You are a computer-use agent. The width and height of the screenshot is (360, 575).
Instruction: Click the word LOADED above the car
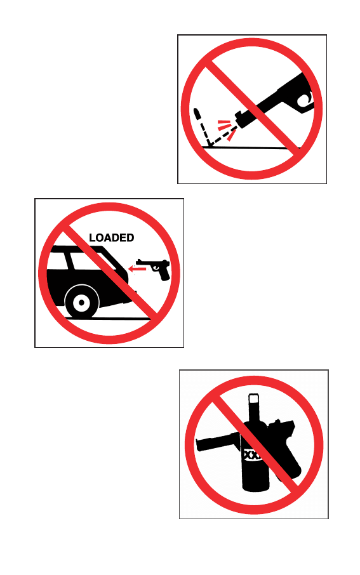click(x=112, y=237)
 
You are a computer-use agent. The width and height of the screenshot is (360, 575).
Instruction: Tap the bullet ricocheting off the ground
click(x=197, y=114)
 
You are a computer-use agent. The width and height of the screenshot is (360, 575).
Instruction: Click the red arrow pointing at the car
click(x=137, y=269)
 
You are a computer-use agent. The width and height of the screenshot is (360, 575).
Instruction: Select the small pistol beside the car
click(x=154, y=268)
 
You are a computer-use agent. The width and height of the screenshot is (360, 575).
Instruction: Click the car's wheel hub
click(x=81, y=303)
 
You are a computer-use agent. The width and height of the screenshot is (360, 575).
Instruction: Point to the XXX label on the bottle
click(x=253, y=455)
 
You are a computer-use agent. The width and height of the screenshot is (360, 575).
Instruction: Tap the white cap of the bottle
click(x=253, y=399)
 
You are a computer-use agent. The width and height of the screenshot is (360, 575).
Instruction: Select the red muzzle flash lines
click(x=225, y=129)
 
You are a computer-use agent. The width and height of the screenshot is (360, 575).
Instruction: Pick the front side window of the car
click(x=90, y=260)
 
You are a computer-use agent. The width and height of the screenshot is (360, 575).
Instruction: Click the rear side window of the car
click(x=58, y=260)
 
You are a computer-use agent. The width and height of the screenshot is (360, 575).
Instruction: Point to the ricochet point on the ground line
click(x=209, y=145)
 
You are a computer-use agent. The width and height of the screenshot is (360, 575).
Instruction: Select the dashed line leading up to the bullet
click(x=204, y=133)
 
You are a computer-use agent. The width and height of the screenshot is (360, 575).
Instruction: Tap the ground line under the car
click(x=107, y=319)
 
